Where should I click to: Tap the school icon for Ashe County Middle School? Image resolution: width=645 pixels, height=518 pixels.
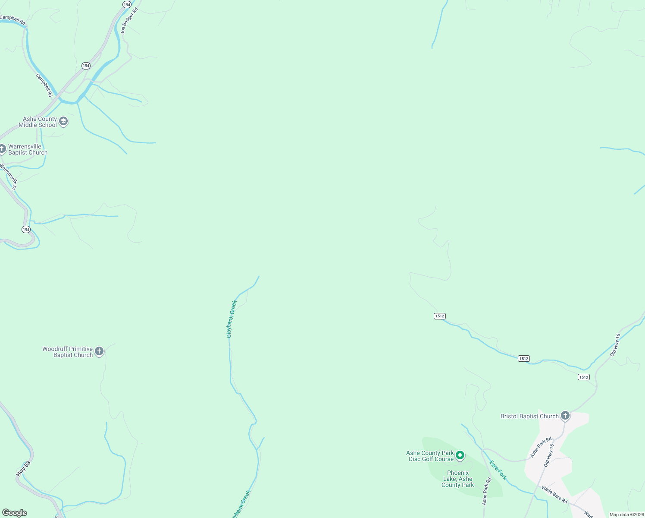pyautogui.click(x=63, y=121)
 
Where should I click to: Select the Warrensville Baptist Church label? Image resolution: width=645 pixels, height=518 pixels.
pyautogui.click(x=28, y=149)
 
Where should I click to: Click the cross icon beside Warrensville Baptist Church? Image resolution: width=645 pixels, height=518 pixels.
pyautogui.click(x=2, y=149)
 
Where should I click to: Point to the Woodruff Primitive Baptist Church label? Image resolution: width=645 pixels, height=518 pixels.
pyautogui.click(x=68, y=352)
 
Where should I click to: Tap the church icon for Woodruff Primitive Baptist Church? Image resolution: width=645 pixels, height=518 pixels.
pyautogui.click(x=99, y=351)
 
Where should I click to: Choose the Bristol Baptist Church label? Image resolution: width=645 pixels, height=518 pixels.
pyautogui.click(x=529, y=416)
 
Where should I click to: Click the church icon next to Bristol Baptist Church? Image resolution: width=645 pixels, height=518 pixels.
pyautogui.click(x=565, y=416)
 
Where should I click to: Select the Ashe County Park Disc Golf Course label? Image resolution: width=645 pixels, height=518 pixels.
pyautogui.click(x=430, y=456)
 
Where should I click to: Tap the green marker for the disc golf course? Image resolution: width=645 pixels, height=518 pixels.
pyautogui.click(x=460, y=455)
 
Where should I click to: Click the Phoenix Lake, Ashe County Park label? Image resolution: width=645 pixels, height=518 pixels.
pyautogui.click(x=457, y=479)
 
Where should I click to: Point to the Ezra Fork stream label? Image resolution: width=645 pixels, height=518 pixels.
pyautogui.click(x=498, y=470)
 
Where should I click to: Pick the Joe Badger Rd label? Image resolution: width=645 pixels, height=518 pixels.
pyautogui.click(x=129, y=21)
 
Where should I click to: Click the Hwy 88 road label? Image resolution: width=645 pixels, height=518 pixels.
pyautogui.click(x=24, y=469)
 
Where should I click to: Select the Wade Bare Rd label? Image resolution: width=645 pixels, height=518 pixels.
pyautogui.click(x=554, y=495)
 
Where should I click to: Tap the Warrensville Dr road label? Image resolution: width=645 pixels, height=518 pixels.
pyautogui.click(x=9, y=176)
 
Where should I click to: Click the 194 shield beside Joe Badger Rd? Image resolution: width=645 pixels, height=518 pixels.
pyautogui.click(x=127, y=4)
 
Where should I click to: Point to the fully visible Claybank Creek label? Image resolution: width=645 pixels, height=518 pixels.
pyautogui.click(x=232, y=319)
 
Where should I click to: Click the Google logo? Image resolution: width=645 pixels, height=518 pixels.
pyautogui.click(x=15, y=513)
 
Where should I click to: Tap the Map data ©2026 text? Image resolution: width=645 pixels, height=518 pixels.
pyautogui.click(x=626, y=515)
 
